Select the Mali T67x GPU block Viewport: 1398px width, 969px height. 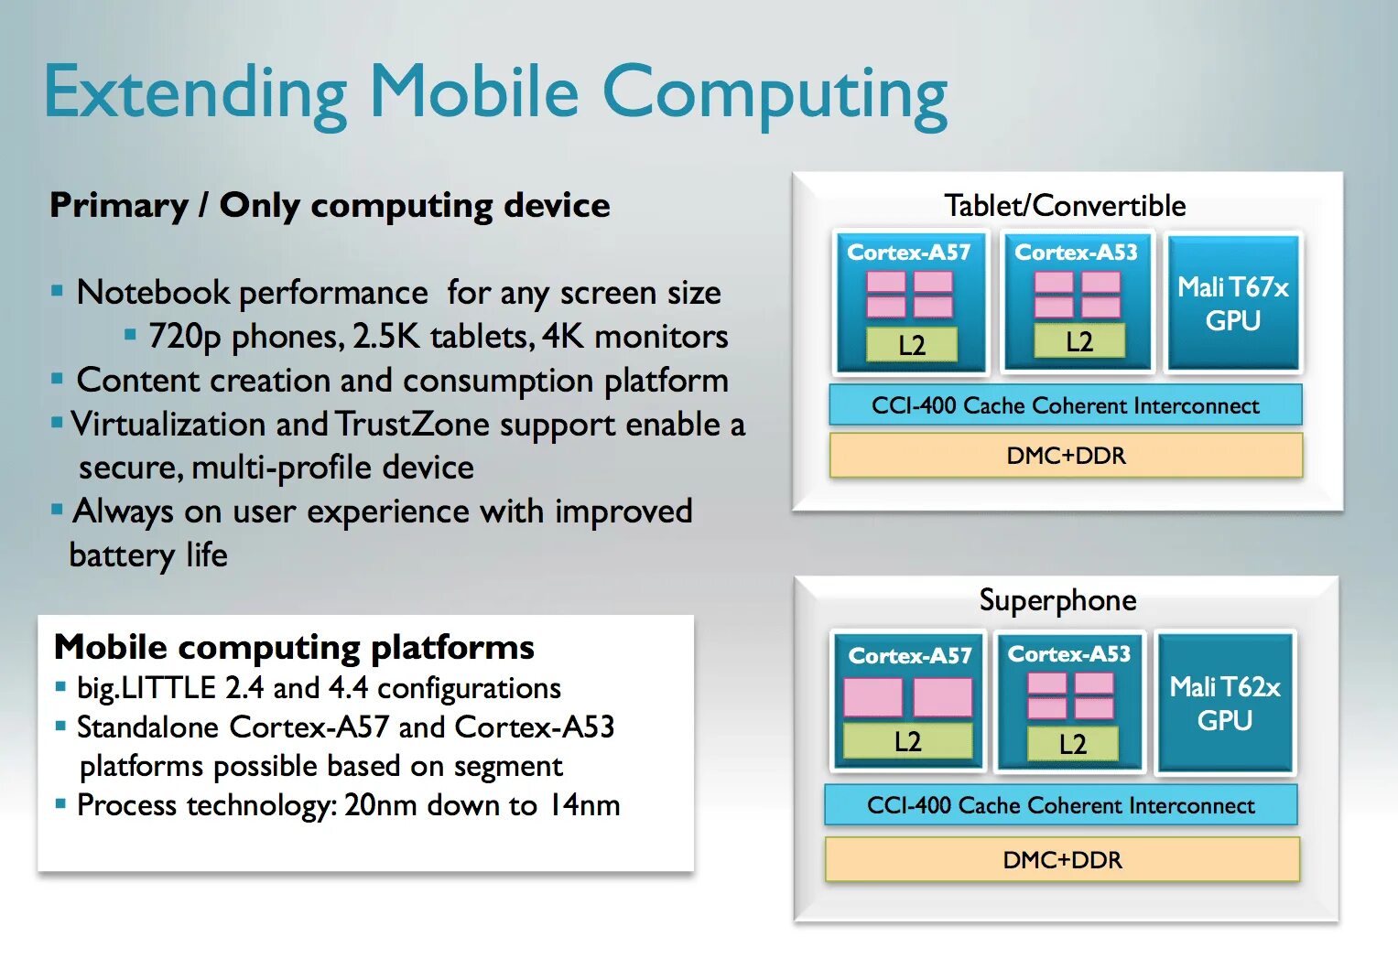click(1232, 304)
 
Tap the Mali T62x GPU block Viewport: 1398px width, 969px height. click(1225, 703)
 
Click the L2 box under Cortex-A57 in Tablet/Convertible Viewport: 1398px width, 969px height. click(912, 345)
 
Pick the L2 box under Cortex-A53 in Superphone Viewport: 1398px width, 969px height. click(1072, 744)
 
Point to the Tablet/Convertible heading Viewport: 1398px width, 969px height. click(1065, 205)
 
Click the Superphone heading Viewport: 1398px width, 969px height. click(1057, 600)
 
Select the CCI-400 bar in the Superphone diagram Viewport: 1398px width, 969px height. click(1061, 805)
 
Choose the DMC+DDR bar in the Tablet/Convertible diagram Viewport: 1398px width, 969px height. click(1066, 455)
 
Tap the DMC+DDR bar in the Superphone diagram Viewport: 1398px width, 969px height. click(1062, 860)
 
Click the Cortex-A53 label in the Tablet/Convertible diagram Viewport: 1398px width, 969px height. click(1076, 252)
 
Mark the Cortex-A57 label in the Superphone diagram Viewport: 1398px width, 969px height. click(909, 655)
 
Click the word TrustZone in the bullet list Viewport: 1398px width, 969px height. click(412, 425)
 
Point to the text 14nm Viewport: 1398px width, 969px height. click(583, 805)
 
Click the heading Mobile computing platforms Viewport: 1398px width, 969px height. click(294, 647)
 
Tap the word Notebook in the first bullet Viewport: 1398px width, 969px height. click(153, 293)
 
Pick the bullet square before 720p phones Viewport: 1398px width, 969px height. click(130, 335)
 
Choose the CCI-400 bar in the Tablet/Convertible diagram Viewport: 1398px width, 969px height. click(1065, 405)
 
